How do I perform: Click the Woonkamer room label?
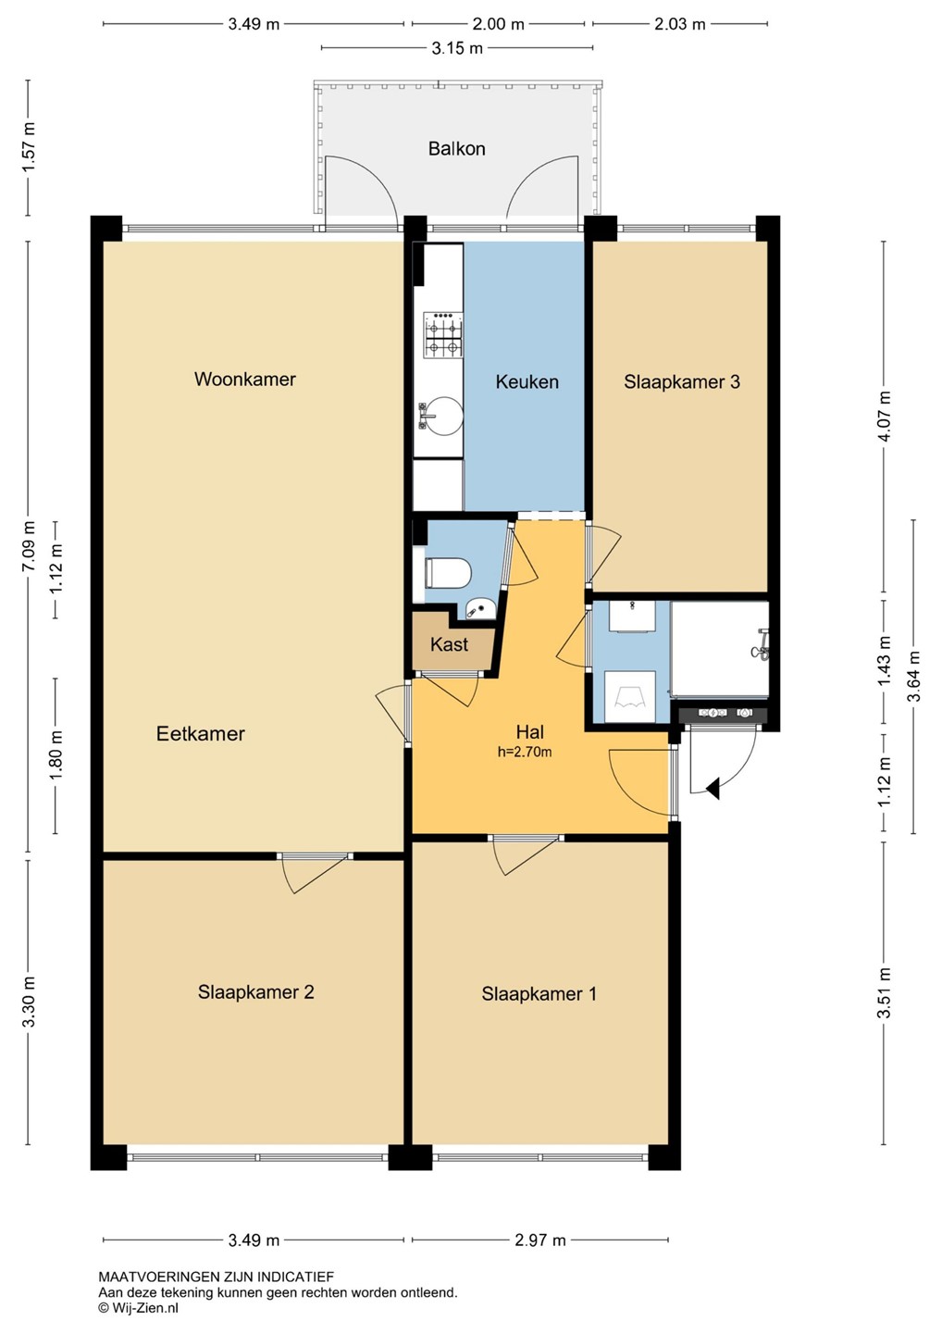[x=245, y=380]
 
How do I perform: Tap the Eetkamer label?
[x=201, y=733]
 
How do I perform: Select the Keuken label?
[x=527, y=381]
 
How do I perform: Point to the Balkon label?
[x=457, y=148]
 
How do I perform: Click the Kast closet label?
[x=449, y=644]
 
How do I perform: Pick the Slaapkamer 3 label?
[x=682, y=381]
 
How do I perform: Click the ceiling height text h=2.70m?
[x=525, y=752]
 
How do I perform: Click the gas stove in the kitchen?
[x=442, y=335]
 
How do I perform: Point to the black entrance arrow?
[x=713, y=789]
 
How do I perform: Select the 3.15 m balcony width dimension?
[x=457, y=48]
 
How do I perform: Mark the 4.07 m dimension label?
[x=885, y=416]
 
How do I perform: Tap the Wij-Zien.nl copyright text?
[x=138, y=1307]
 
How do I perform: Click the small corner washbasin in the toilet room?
[x=479, y=608]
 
